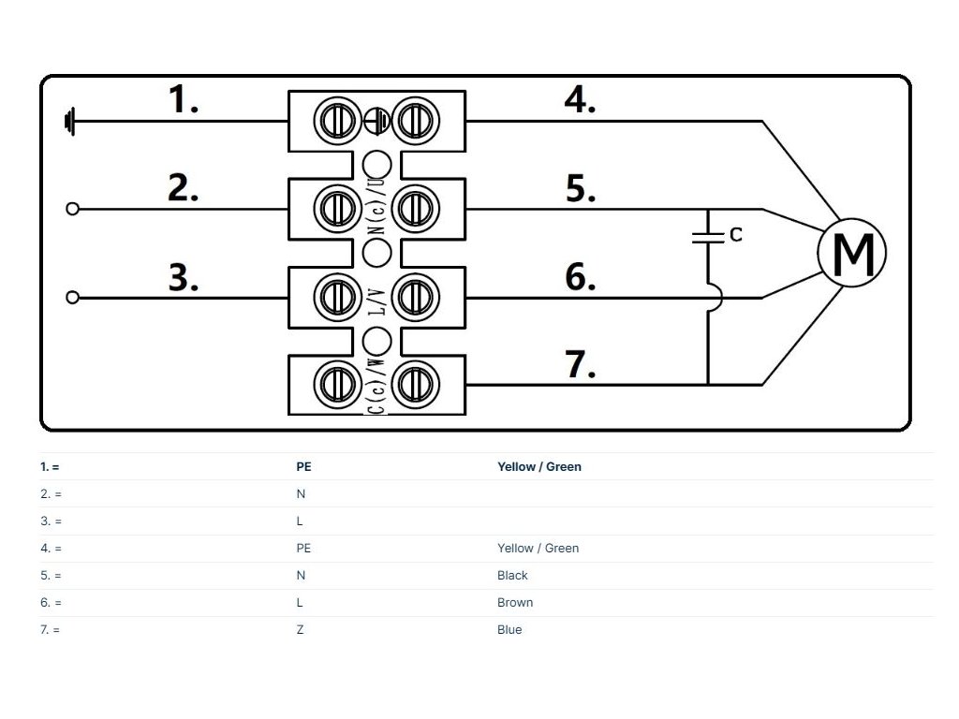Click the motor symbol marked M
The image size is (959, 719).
click(852, 253)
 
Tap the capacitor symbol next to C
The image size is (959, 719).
click(708, 237)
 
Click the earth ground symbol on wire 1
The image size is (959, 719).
click(69, 121)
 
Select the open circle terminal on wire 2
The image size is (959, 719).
click(72, 209)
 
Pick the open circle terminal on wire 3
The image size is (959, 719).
click(72, 298)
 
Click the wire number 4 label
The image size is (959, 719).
click(579, 99)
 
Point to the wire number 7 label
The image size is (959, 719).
click(579, 364)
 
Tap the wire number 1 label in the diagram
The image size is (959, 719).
click(183, 99)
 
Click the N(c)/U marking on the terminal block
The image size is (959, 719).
click(378, 206)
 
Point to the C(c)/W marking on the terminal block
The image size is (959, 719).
click(377, 385)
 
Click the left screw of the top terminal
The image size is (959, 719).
click(337, 121)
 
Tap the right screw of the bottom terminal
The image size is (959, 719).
click(416, 385)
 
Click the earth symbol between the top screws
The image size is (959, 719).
click(376, 121)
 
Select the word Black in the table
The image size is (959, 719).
click(512, 576)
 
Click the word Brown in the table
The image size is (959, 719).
click(515, 602)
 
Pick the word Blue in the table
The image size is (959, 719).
click(509, 629)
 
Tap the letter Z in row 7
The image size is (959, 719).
click(300, 629)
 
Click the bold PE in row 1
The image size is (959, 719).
click(304, 466)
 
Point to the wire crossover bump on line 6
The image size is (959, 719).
click(716, 298)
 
